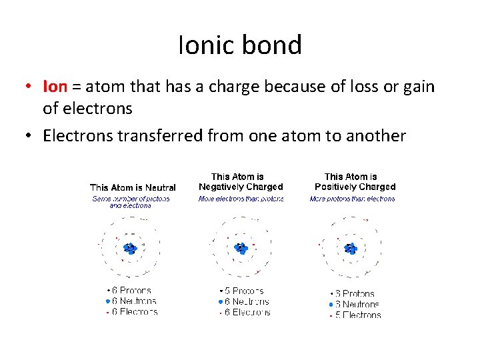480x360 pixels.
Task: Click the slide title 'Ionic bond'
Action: (240, 45)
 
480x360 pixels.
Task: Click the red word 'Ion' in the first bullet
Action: (55, 87)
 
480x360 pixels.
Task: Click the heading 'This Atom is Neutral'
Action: (133, 187)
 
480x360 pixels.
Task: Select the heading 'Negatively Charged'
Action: (241, 187)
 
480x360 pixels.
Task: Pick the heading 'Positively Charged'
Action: (355, 187)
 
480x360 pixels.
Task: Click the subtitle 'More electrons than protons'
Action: (241, 199)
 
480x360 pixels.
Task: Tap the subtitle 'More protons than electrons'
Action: (352, 199)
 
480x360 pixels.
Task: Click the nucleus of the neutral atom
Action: (130, 249)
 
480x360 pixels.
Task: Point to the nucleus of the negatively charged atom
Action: (241, 248)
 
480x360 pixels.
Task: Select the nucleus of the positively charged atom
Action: (351, 249)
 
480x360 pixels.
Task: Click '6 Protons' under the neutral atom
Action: (131, 291)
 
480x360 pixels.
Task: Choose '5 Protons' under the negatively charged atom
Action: (244, 291)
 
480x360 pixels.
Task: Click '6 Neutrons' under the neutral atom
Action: (134, 301)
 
